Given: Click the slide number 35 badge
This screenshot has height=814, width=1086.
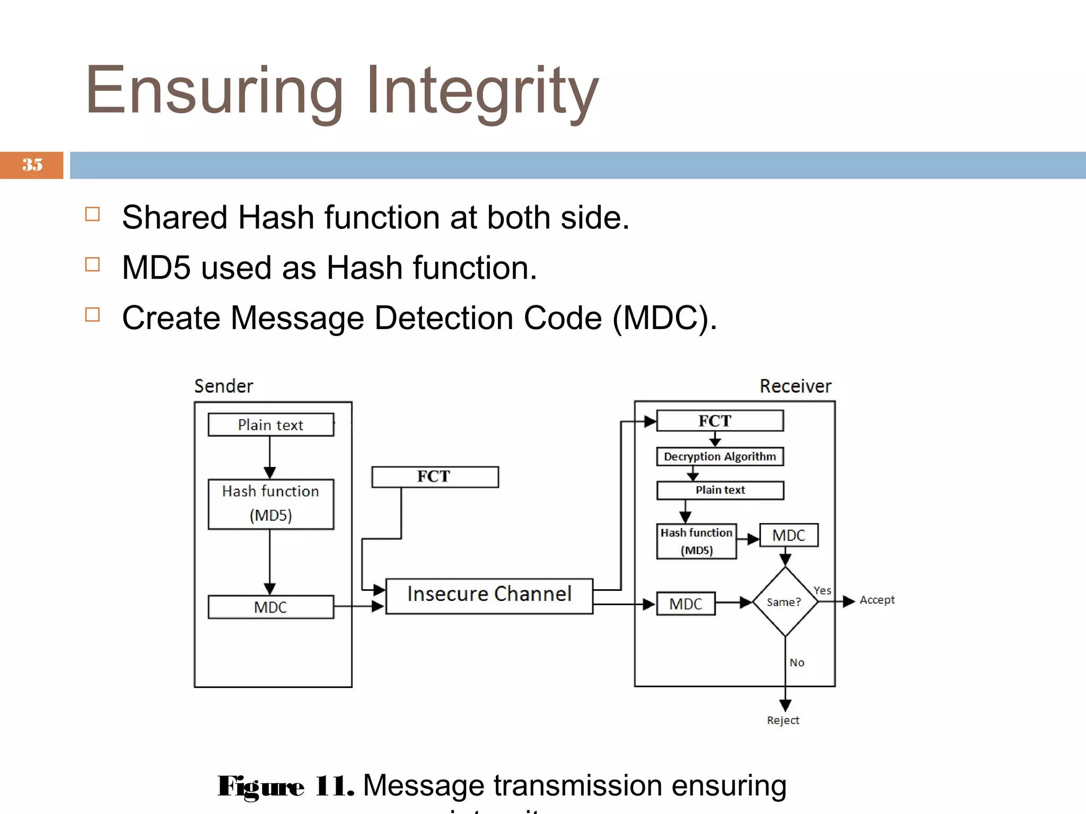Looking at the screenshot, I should (x=32, y=165).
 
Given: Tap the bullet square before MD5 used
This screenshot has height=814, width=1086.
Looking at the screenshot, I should (x=92, y=264).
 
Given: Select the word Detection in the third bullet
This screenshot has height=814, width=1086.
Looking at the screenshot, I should (x=444, y=318).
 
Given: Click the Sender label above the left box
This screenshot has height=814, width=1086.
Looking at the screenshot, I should (x=223, y=386).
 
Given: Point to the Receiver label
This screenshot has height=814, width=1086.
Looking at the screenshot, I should (x=795, y=386).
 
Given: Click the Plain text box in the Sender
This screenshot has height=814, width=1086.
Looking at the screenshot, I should (x=271, y=425).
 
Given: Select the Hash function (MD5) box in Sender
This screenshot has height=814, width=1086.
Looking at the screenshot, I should (x=271, y=504).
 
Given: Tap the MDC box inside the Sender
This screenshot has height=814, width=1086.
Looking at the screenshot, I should (x=271, y=607).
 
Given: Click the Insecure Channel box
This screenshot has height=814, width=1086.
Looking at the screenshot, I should (x=489, y=596).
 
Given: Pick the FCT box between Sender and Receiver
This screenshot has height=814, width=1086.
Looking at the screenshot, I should (x=435, y=476).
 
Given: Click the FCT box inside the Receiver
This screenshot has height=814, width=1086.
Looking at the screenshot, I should (x=720, y=421).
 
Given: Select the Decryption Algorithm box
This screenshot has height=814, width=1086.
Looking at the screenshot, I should (x=720, y=456).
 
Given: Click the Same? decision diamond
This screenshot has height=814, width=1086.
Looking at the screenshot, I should (x=785, y=601).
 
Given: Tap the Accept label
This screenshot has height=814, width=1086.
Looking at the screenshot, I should (x=877, y=600).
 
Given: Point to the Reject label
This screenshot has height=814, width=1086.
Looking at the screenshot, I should (x=783, y=720).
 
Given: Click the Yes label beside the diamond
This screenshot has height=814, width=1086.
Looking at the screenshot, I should (x=822, y=590).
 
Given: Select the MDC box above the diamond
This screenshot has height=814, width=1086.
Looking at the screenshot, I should (x=789, y=535).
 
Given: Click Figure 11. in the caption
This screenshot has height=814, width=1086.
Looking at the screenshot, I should (x=285, y=786).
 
